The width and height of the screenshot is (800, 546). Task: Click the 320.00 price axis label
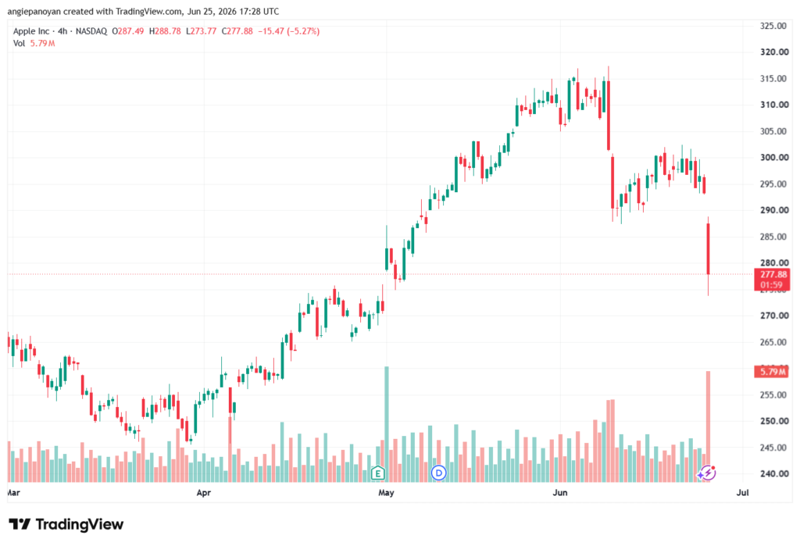click(x=774, y=52)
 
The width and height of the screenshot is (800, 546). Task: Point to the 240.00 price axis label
click(x=774, y=473)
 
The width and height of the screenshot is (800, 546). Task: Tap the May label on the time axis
click(x=386, y=492)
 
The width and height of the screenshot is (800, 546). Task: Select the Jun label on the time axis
click(x=560, y=492)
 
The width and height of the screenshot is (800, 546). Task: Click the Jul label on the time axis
click(x=743, y=492)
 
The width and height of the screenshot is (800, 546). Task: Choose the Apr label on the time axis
click(x=204, y=492)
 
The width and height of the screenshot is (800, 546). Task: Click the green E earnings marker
click(x=377, y=473)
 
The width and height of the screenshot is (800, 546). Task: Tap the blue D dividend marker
click(x=439, y=473)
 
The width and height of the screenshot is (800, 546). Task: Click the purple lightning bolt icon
click(x=708, y=473)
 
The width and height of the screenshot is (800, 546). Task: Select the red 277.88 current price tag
click(x=772, y=280)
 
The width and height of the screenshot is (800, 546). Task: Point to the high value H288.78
click(x=166, y=31)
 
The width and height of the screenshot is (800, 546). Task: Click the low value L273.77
click(x=202, y=31)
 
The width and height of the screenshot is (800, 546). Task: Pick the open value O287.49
click(x=128, y=31)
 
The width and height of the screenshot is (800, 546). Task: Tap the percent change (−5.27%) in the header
click(x=303, y=31)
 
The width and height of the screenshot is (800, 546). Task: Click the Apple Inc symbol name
click(x=31, y=31)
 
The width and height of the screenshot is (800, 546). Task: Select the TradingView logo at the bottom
click(x=66, y=524)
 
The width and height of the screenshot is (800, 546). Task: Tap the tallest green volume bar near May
click(x=387, y=424)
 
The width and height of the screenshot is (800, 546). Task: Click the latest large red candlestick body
click(x=708, y=249)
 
